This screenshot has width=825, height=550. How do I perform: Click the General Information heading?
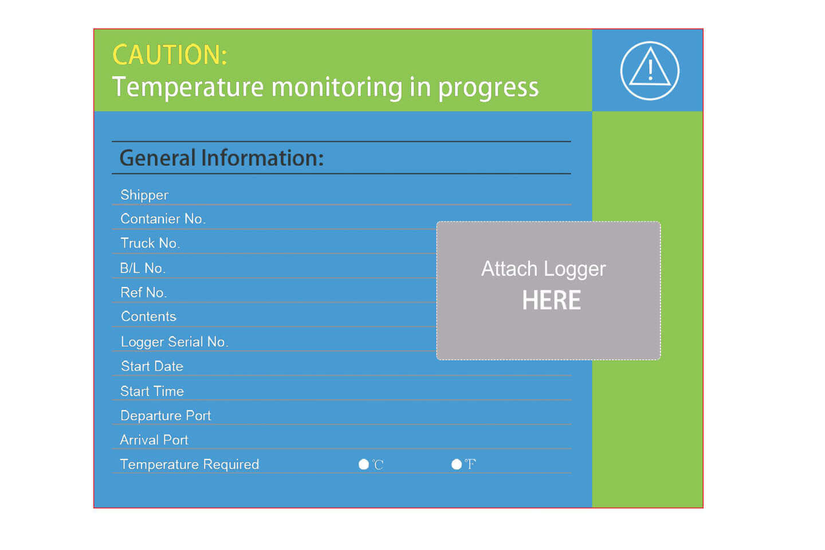click(222, 158)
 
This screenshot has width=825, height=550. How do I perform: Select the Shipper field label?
click(144, 195)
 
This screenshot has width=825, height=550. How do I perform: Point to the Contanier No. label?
click(163, 219)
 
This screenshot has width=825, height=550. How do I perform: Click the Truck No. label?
click(150, 243)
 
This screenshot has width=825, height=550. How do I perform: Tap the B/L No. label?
click(143, 268)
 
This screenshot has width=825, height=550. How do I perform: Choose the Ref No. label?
click(144, 293)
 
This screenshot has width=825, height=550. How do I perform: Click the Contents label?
click(148, 316)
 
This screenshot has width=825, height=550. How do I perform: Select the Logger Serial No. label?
click(175, 342)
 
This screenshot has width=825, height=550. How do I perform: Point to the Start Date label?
click(152, 366)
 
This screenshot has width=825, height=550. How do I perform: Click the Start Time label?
click(152, 391)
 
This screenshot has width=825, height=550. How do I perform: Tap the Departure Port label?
click(166, 415)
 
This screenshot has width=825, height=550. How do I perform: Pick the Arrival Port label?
click(154, 440)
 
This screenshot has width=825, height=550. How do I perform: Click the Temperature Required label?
click(190, 465)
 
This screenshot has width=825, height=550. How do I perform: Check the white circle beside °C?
click(363, 464)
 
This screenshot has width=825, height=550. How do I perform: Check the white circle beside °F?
click(456, 464)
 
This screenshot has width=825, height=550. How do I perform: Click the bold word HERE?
click(551, 300)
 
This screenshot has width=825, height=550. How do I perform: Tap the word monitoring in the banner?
click(337, 88)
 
